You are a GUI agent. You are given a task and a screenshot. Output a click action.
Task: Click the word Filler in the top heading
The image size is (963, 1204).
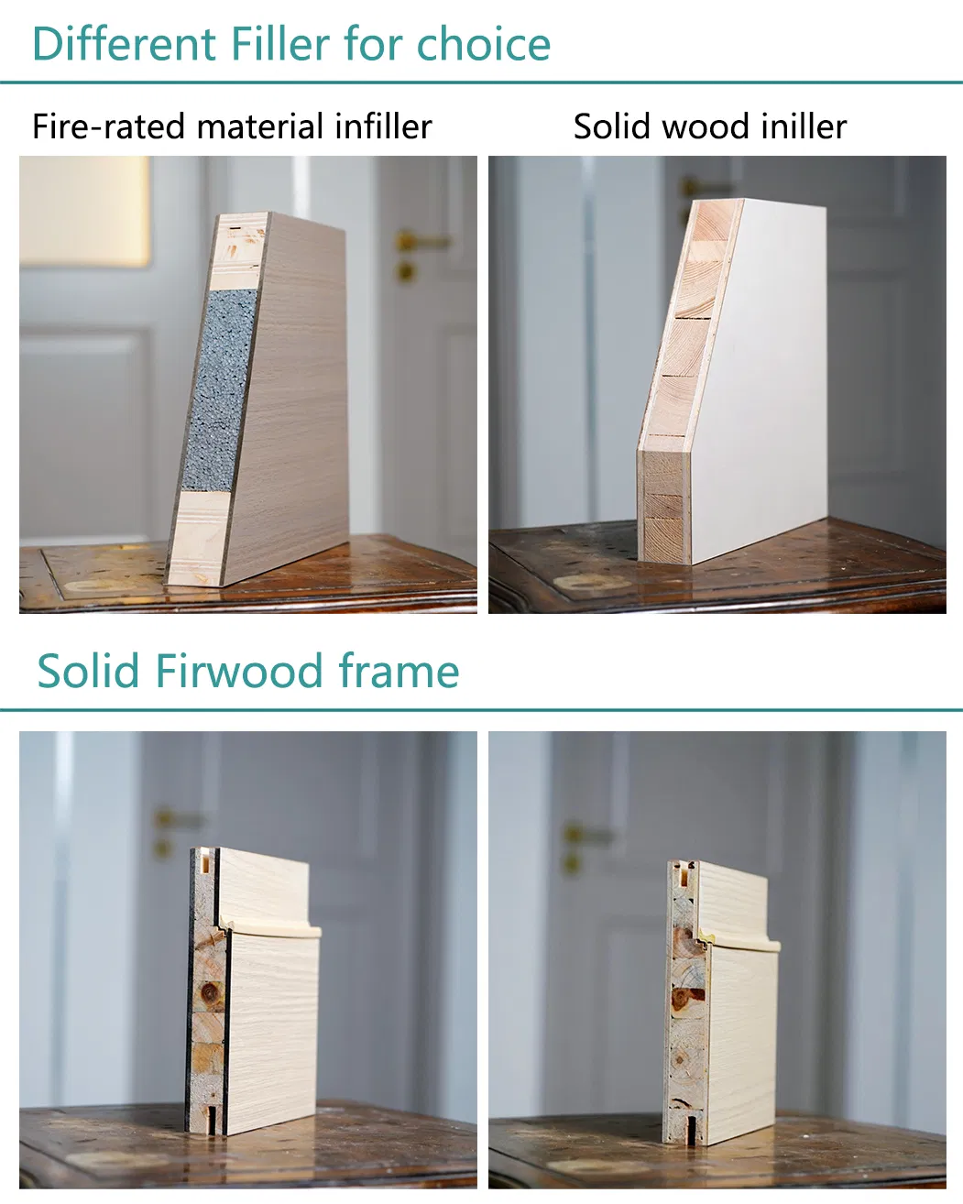point(279,44)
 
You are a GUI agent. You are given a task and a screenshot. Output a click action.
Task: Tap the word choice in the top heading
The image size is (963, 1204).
point(484,44)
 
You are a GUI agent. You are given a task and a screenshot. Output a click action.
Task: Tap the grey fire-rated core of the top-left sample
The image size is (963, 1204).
point(218,390)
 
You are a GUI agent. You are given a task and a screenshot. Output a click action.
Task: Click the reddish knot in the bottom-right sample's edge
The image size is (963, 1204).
point(686,999)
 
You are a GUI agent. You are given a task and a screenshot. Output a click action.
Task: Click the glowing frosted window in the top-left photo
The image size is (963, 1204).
point(84,211)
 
